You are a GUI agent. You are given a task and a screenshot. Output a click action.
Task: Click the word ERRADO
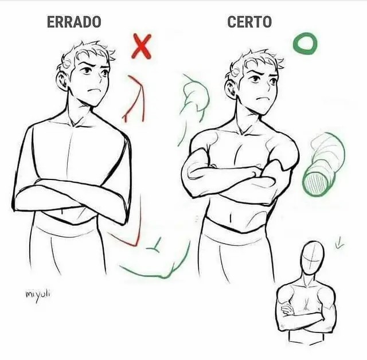74,22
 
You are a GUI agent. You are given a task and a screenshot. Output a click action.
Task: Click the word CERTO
249,22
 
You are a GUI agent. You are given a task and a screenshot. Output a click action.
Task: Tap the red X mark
142,46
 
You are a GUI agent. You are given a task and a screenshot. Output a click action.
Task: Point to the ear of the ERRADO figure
62,81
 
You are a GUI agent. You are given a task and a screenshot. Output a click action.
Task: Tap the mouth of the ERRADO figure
94,91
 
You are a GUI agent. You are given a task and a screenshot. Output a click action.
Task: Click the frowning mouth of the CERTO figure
262,98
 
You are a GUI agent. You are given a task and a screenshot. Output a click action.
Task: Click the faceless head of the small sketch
312,259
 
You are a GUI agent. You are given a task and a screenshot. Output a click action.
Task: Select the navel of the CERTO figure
231,217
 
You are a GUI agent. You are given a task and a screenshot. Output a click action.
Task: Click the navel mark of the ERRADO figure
62,211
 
